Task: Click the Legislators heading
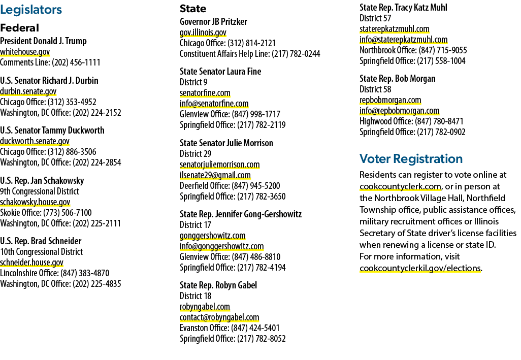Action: [31, 10]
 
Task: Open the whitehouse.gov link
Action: [25, 52]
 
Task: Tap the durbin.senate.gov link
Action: [28, 91]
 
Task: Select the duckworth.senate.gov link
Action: [35, 141]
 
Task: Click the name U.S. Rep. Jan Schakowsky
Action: [42, 181]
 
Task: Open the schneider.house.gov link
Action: [31, 263]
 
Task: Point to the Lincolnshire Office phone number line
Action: [54, 273]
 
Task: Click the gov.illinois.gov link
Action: [203, 32]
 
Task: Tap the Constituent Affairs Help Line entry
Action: [250, 54]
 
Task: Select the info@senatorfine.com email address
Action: [214, 104]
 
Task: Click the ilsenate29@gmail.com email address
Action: [215, 175]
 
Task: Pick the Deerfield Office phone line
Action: [230, 186]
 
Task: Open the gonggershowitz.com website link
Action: [213, 236]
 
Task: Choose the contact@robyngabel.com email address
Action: [219, 317]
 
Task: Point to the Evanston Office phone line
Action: [230, 328]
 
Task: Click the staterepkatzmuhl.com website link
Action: [395, 29]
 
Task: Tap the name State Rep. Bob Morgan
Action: [398, 79]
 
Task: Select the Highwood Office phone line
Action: [411, 121]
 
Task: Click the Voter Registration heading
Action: [411, 159]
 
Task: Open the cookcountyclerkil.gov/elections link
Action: [420, 268]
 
